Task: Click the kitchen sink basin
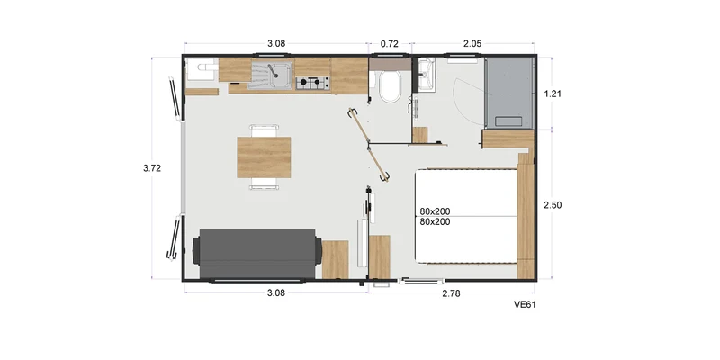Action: pos(280,75)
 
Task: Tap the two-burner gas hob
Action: pos(312,83)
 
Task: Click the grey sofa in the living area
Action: pos(257,254)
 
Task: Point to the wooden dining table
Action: pos(264,157)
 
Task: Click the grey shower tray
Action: pos(508,94)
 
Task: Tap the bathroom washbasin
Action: pos(427,75)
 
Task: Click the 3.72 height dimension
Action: pos(152,168)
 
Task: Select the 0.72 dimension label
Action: pos(390,44)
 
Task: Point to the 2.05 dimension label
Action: pos(472,44)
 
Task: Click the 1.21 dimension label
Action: pos(553,94)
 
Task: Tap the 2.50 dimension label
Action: pos(553,205)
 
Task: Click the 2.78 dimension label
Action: pos(451,293)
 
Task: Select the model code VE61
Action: pos(525,304)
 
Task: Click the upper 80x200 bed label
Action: pos(435,211)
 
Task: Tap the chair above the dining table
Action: pos(264,130)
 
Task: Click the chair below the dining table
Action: pos(264,184)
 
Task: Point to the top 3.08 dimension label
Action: pos(276,44)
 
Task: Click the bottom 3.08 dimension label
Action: pos(276,293)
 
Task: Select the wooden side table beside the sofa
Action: pos(335,259)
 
